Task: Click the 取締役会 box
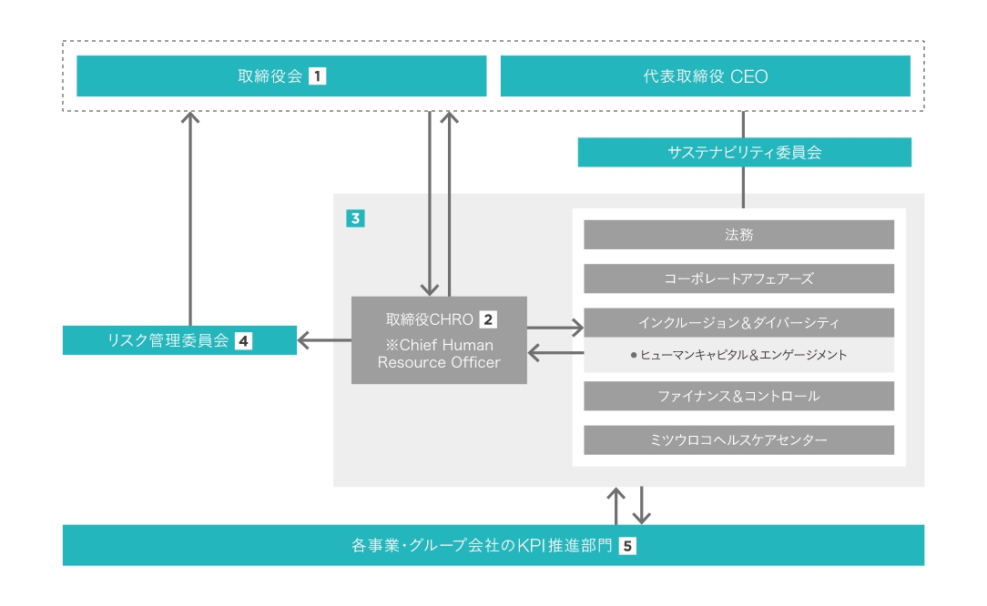(281, 76)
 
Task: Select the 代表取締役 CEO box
(705, 76)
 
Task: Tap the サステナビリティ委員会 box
(744, 153)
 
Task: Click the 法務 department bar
(738, 235)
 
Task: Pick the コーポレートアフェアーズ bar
(738, 278)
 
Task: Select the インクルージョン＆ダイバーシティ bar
(738, 322)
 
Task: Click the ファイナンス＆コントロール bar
(738, 396)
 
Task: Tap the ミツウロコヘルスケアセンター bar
(738, 440)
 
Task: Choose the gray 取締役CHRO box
(439, 340)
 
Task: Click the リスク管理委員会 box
(179, 340)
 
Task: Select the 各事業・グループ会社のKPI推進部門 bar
(493, 546)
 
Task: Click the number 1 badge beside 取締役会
(317, 76)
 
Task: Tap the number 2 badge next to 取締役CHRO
(489, 319)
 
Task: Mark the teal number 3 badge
(355, 218)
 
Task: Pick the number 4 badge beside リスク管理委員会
(243, 341)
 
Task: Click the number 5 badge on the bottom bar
(626, 547)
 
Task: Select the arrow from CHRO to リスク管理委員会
(324, 340)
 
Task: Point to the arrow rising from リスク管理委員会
(190, 218)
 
